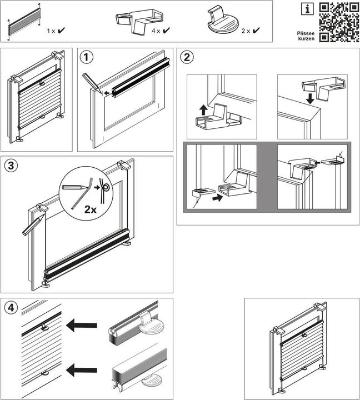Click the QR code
[x=338, y=22]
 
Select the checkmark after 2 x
[x=256, y=32]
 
